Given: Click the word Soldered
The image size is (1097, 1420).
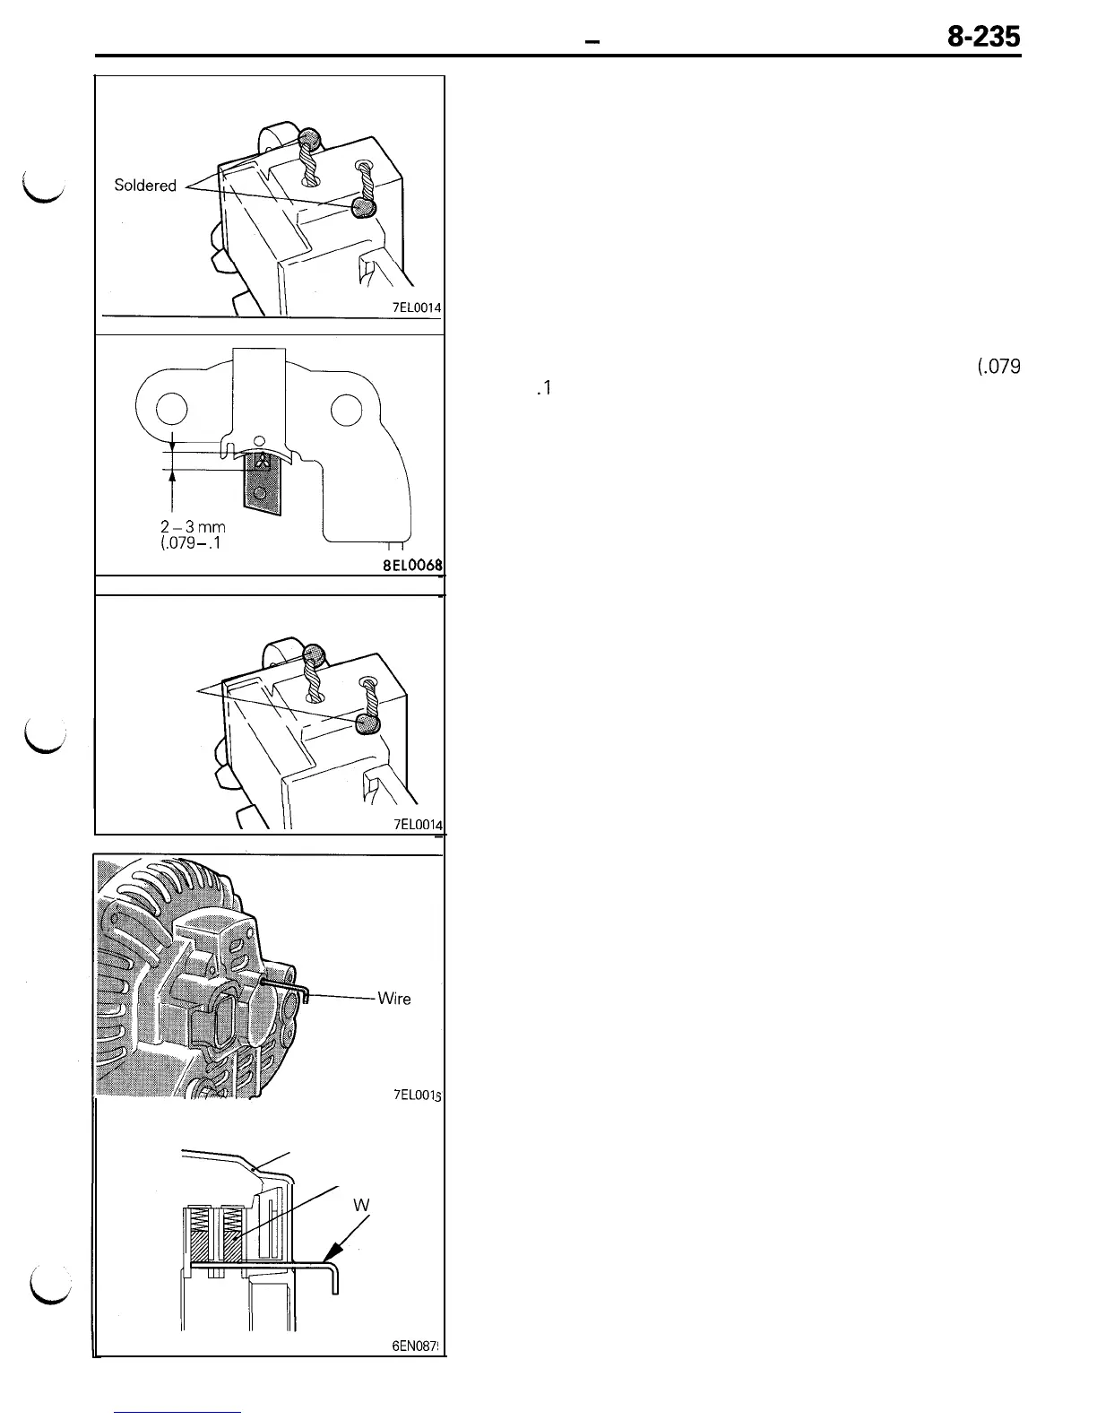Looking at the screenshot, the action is (x=145, y=186).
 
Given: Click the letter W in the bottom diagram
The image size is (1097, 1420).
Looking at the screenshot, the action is (x=361, y=1206).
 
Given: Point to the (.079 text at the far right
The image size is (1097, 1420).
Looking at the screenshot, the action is (x=995, y=367).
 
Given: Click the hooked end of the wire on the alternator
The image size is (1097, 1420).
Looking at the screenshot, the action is (x=304, y=995).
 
